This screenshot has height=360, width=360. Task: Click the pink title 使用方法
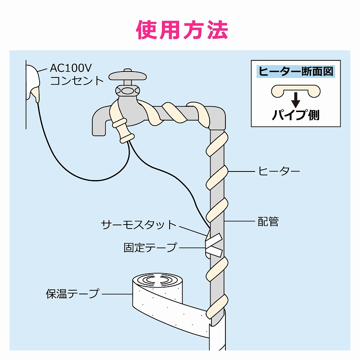tap(182, 30)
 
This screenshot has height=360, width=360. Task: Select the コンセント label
tap(76, 81)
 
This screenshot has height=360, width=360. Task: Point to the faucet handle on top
tap(127, 75)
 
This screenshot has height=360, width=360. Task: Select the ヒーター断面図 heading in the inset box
tap(295, 71)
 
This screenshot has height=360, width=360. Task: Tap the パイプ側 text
tap(295, 115)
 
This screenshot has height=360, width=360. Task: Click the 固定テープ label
tap(150, 247)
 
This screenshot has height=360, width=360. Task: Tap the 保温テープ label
tap(72, 294)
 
